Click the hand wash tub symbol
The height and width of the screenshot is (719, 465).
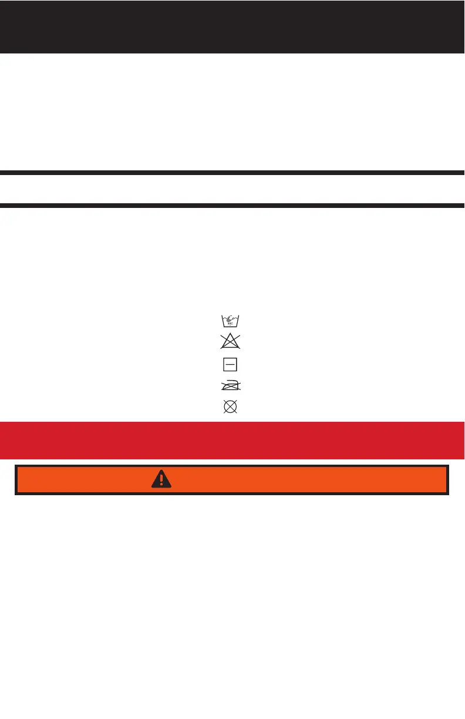point(231,321)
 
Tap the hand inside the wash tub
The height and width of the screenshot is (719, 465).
point(231,318)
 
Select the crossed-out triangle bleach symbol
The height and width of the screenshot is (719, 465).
point(231,342)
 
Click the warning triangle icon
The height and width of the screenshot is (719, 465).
point(161,479)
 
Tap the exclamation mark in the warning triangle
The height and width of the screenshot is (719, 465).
point(161,480)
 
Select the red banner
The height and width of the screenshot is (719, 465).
point(232,441)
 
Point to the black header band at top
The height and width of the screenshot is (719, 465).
point(232,26)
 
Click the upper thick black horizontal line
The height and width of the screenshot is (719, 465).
point(232,173)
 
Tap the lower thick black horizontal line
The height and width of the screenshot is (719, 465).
point(232,206)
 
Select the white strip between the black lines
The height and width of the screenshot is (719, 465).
point(232,189)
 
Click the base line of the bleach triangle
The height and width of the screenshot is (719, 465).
point(231,348)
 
